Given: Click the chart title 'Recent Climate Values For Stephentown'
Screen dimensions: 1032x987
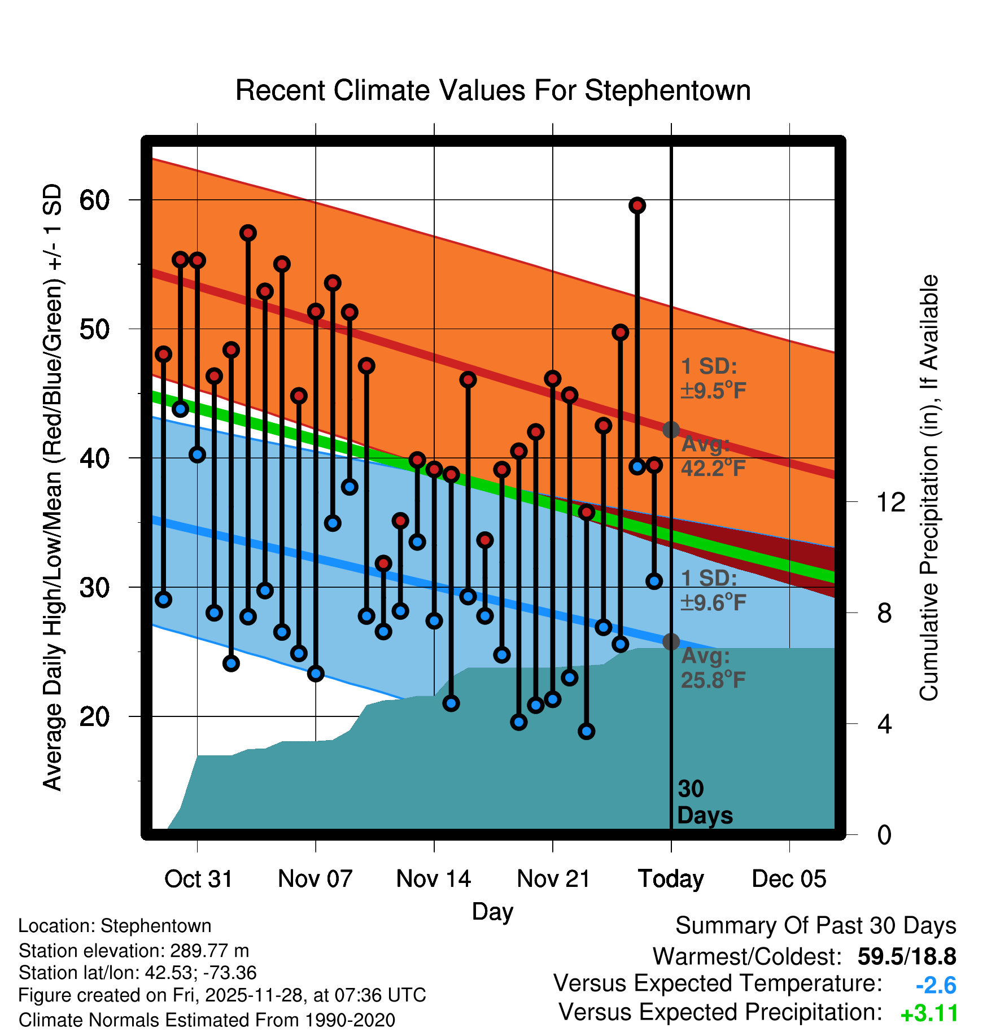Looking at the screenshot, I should [x=493, y=90].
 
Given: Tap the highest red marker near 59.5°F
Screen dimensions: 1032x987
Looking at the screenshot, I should [x=637, y=205].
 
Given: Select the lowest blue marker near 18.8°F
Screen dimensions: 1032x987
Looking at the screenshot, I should [x=586, y=732].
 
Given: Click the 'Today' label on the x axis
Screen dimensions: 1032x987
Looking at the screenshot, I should [x=671, y=879].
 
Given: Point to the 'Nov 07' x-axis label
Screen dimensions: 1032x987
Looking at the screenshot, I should [x=315, y=879].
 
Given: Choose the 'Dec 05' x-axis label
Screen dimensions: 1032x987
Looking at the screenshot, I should [x=789, y=879].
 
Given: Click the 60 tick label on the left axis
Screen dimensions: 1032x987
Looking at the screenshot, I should [x=94, y=200].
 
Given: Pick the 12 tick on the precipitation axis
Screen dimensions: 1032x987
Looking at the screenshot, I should [x=890, y=502].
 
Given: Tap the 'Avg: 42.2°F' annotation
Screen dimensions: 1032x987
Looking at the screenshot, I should [x=713, y=456].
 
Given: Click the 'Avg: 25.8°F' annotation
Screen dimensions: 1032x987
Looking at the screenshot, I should [x=713, y=668].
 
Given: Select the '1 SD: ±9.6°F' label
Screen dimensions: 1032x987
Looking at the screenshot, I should [x=713, y=591].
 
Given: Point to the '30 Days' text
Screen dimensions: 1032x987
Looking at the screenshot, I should [x=704, y=802].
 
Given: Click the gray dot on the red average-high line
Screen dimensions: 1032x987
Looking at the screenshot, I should [x=671, y=430].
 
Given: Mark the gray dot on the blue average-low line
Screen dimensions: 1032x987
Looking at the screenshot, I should [x=671, y=642].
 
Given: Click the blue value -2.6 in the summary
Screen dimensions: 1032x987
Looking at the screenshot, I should [x=936, y=986].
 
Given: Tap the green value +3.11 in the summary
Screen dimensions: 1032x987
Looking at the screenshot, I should [x=929, y=1014].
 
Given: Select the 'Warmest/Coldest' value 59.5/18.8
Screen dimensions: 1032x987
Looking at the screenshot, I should [x=906, y=957].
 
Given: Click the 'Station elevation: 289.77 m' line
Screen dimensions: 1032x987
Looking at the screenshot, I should [x=134, y=951].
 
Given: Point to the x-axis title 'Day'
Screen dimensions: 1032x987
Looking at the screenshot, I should [x=492, y=911].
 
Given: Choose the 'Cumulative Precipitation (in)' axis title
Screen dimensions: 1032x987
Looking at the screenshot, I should [x=929, y=488].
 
